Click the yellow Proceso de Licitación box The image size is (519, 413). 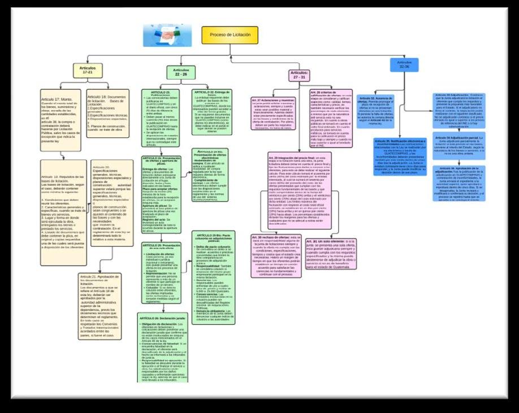230,35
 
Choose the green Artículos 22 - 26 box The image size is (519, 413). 181,72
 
